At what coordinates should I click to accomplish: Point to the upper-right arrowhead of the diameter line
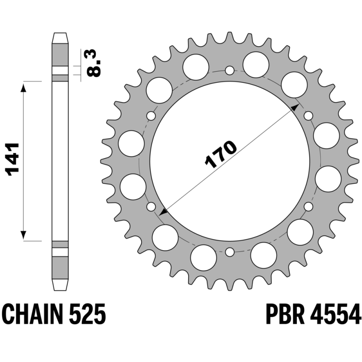(x=295, y=106)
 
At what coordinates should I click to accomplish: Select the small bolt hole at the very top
(x=230, y=70)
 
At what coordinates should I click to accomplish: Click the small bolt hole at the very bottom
(x=230, y=252)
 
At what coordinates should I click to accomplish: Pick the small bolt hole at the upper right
(x=309, y=115)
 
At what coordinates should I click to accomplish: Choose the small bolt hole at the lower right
(x=309, y=206)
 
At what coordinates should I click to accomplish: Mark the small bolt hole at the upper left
(x=151, y=115)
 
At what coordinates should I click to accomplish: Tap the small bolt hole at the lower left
(x=151, y=207)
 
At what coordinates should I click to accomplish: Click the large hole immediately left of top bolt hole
(x=195, y=66)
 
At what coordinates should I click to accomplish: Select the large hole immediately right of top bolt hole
(x=256, y=63)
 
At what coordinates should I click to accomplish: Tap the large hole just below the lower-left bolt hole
(x=165, y=237)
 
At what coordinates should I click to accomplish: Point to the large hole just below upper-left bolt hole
(x=131, y=142)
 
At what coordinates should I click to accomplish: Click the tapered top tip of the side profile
(x=60, y=38)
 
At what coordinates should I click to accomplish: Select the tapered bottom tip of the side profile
(x=60, y=285)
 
